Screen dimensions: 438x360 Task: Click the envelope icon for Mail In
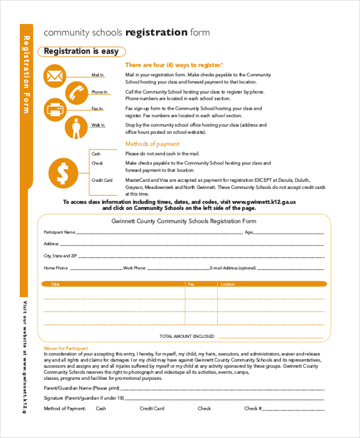tap(55, 76)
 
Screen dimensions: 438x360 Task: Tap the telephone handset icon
tap(76, 93)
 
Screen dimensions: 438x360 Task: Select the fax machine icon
tap(55, 110)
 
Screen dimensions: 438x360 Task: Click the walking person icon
tap(76, 127)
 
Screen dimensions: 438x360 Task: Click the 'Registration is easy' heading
tap(81, 52)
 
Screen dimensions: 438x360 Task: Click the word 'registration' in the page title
tap(157, 32)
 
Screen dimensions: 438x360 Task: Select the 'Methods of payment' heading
tap(152, 144)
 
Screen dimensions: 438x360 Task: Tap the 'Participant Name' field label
tap(59, 232)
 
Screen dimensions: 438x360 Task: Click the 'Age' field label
tap(249, 232)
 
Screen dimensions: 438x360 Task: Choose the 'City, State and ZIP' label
tap(61, 256)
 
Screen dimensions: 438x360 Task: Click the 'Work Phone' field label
tap(134, 268)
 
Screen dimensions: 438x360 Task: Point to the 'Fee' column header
tap(191, 284)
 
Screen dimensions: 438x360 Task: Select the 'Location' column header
tap(227, 284)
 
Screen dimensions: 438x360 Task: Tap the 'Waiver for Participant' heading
tap(65, 348)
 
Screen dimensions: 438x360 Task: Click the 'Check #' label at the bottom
tap(251, 409)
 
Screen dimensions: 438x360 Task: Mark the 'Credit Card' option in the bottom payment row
tap(152, 409)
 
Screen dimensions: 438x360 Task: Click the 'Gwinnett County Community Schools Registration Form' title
tap(184, 221)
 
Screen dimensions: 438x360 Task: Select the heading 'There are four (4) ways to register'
tap(173, 65)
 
